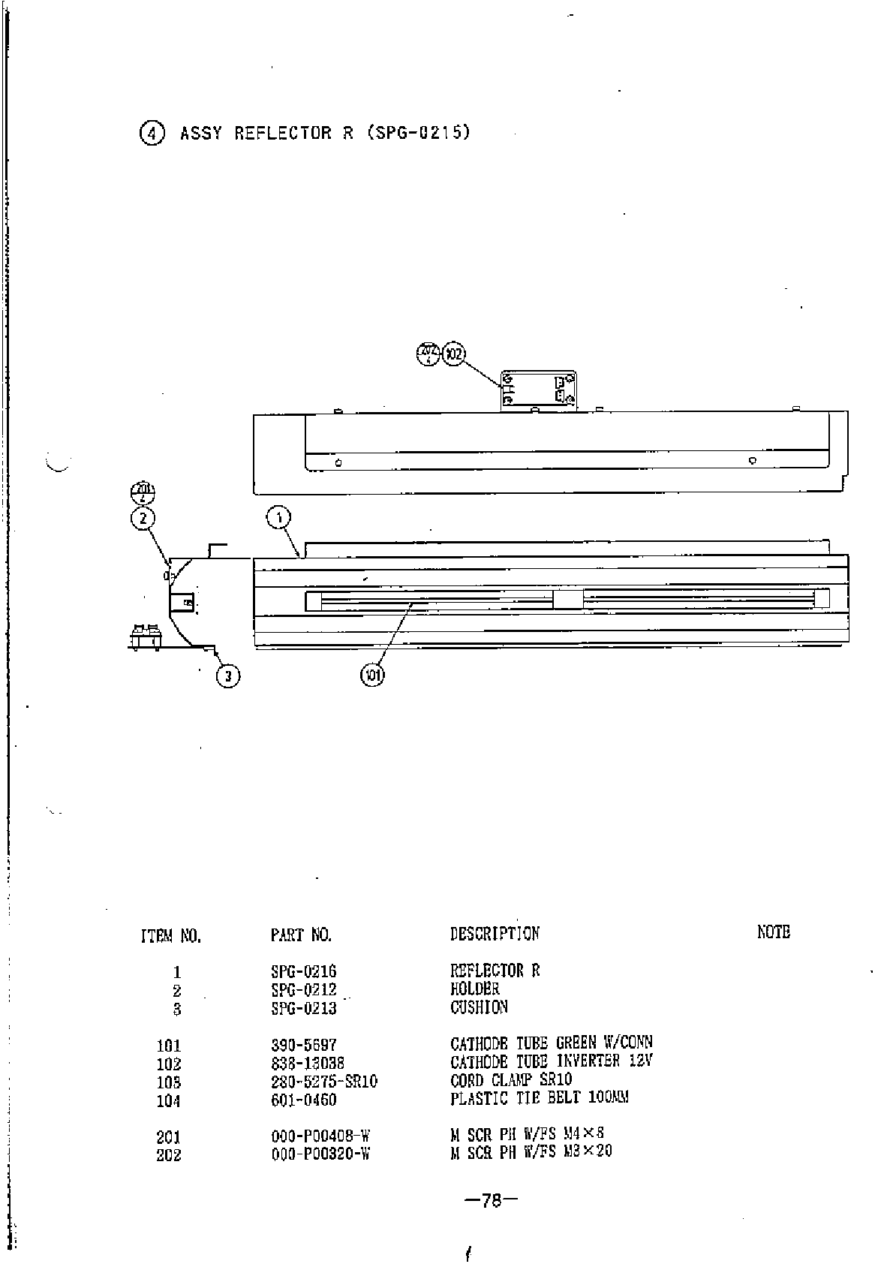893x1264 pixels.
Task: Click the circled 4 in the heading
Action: click(x=152, y=134)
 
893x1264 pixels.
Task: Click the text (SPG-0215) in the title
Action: click(x=419, y=133)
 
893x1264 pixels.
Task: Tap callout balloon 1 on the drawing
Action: click(x=278, y=517)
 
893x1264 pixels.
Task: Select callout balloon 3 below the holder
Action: click(x=228, y=676)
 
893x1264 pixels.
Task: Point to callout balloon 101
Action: click(x=373, y=676)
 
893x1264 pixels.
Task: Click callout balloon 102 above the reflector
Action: click(x=453, y=354)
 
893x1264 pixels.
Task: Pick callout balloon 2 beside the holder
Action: click(x=143, y=517)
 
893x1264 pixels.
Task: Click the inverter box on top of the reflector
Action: click(x=538, y=390)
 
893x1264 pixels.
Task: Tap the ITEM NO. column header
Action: click(x=170, y=936)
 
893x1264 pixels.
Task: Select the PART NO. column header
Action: click(x=301, y=935)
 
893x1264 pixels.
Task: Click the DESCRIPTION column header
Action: click(x=494, y=934)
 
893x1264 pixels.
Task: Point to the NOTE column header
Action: click(x=773, y=932)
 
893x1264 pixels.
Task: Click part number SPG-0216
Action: click(x=303, y=971)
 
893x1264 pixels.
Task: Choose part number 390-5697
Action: click(x=303, y=1045)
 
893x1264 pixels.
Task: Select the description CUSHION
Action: click(x=479, y=1007)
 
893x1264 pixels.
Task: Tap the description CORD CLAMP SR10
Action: click(x=510, y=1081)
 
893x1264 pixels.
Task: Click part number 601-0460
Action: click(x=303, y=1100)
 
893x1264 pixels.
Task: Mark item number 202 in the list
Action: click(x=168, y=1155)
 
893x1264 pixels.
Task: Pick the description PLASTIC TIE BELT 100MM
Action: click(x=539, y=1099)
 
